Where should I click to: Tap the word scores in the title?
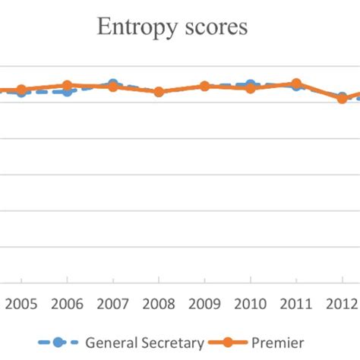click(x=216, y=27)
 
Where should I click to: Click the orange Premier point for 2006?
click(x=67, y=86)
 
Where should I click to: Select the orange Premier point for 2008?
click(x=159, y=92)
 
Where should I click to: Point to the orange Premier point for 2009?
click(x=204, y=87)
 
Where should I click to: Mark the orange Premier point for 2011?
click(x=296, y=83)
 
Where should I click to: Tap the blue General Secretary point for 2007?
click(x=113, y=84)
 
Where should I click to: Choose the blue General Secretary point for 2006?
click(x=67, y=91)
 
